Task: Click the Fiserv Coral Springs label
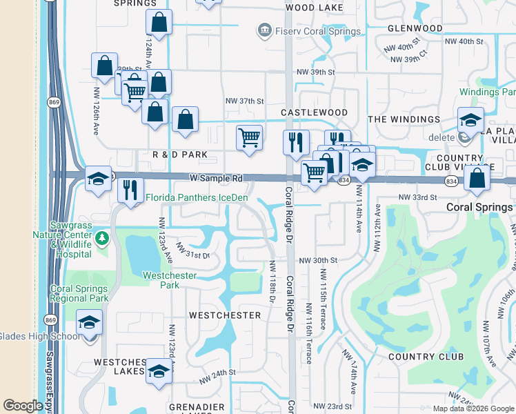316,31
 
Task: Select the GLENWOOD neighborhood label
415,28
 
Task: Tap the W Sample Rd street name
216,178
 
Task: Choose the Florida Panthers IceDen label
197,198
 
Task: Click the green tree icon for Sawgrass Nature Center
102,238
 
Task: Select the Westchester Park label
169,281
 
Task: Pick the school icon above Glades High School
89,322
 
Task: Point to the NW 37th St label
245,101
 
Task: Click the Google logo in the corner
23,406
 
